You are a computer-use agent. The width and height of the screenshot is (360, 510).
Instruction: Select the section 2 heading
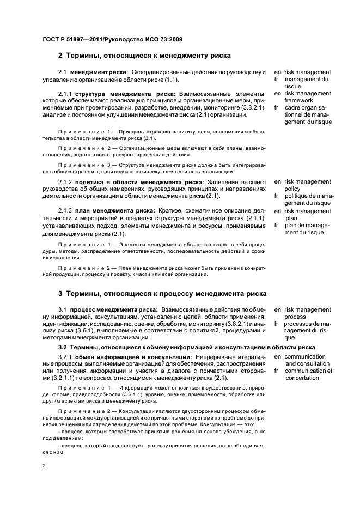(145, 55)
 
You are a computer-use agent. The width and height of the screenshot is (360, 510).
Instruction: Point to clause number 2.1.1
(65, 94)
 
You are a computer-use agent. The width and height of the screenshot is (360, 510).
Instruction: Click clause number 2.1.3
(65, 211)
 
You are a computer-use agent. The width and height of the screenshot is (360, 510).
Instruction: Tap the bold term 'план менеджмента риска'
(115, 211)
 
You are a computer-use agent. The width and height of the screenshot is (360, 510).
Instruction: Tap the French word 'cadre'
(293, 107)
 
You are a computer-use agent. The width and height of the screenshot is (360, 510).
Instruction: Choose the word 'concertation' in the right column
(302, 378)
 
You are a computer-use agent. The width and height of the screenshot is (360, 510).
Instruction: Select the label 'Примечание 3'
(80, 163)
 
